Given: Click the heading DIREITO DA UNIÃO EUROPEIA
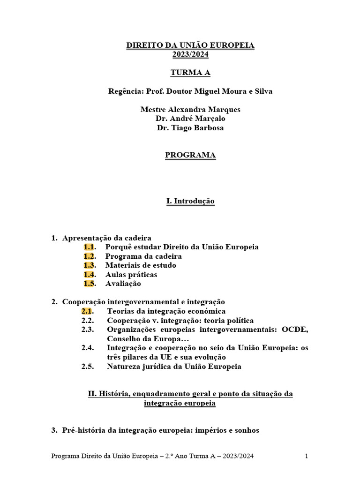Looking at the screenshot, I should (x=190, y=45).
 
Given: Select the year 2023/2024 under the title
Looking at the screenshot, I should (x=190, y=54).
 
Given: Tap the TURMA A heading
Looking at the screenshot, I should (x=190, y=73).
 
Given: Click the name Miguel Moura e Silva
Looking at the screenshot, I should (x=235, y=91).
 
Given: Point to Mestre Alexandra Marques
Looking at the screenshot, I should (x=190, y=109).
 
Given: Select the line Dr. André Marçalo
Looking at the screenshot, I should (x=190, y=118).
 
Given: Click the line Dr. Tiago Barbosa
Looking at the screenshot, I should (x=190, y=127).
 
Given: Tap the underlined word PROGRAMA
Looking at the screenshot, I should (x=190, y=155).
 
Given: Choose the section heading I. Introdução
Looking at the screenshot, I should (x=190, y=201).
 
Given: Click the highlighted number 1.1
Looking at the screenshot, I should (x=90, y=247).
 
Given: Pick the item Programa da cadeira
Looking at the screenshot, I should (x=143, y=256).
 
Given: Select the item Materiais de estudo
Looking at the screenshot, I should (x=141, y=265).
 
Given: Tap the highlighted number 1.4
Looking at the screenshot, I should (x=90, y=274).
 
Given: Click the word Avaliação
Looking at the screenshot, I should (x=123, y=283).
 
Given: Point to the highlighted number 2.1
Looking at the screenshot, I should (x=87, y=311).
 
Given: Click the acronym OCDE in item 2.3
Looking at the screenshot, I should (x=295, y=329).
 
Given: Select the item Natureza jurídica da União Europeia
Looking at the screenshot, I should (x=174, y=366).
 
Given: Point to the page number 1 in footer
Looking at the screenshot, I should (x=306, y=456).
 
